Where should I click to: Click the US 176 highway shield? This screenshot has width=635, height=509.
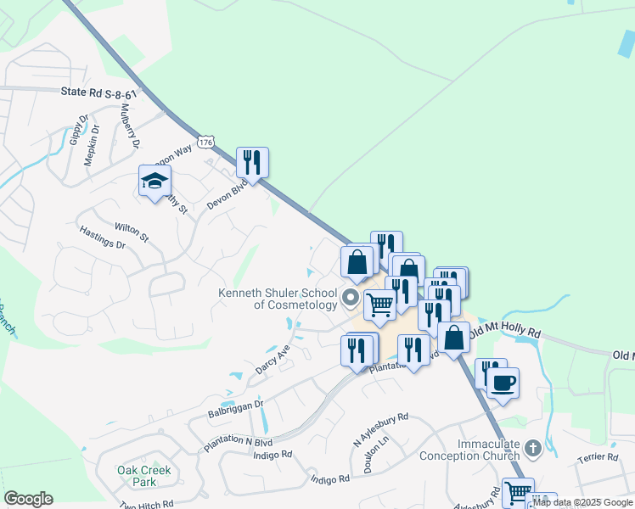205,143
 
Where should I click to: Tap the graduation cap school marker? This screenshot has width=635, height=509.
155,182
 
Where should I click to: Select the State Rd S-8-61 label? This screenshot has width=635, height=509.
98,93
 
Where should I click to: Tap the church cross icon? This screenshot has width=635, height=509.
532,447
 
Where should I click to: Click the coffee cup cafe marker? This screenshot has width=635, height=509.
503,383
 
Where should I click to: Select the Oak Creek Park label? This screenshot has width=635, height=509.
144,476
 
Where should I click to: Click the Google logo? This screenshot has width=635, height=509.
28,499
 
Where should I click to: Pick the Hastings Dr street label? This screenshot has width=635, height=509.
102,237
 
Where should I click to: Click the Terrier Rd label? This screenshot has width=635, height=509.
600,457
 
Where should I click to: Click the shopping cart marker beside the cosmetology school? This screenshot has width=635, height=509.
379,303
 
